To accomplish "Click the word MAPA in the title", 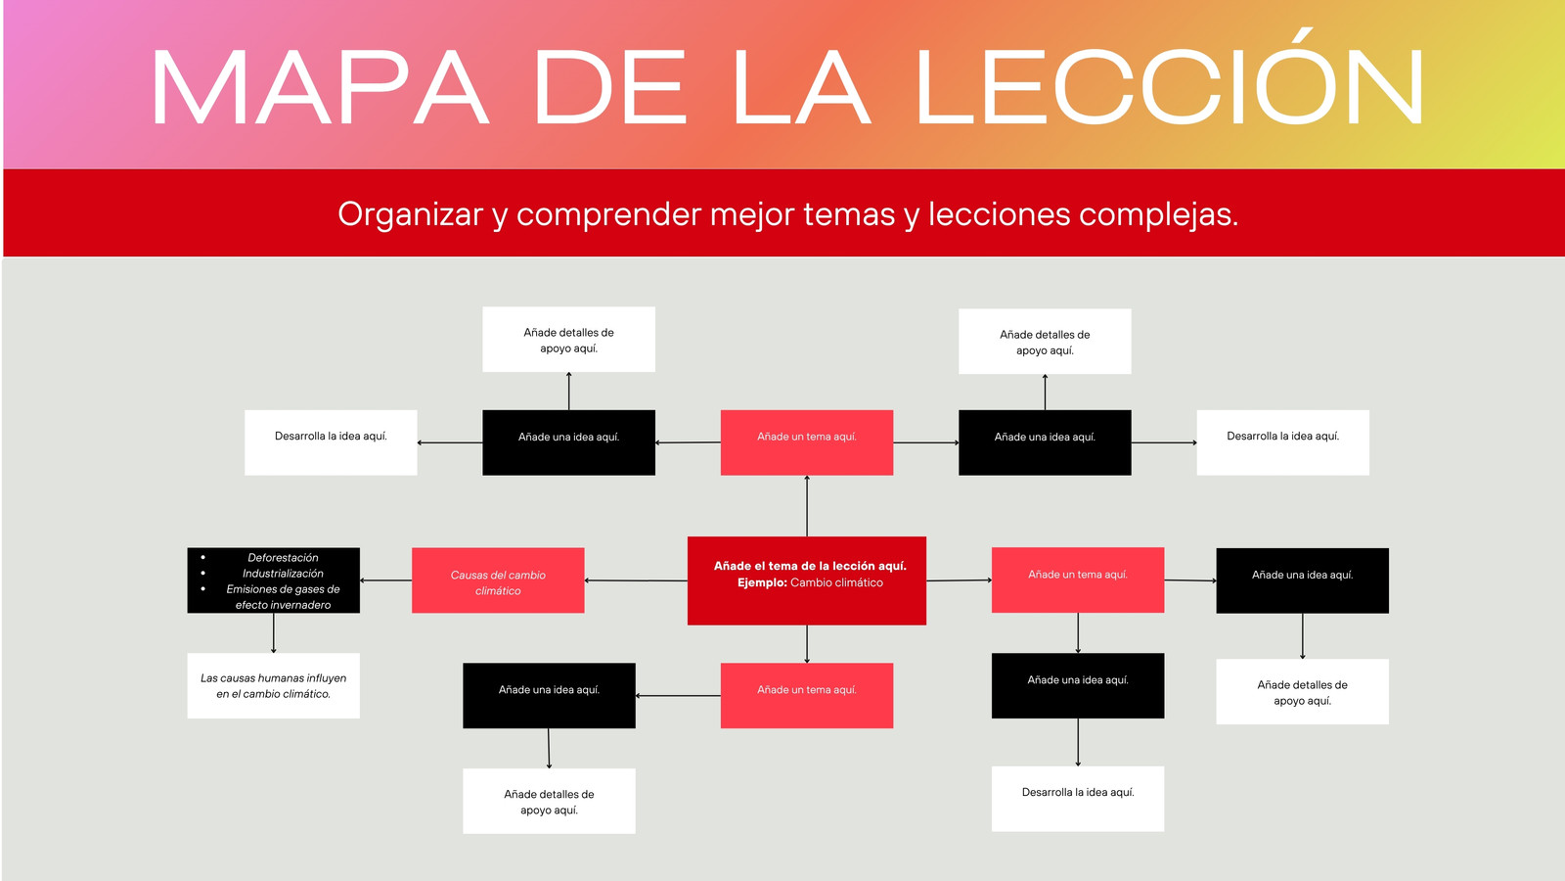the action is point(319,87).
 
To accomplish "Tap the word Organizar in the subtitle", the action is point(410,214).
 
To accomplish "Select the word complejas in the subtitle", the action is point(1158,214).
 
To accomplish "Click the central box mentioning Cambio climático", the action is point(807,580).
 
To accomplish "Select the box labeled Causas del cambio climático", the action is point(498,580).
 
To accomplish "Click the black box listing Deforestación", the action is point(273,580).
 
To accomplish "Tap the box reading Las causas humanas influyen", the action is point(273,686).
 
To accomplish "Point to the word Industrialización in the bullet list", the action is point(283,574).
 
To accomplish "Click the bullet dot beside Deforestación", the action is point(203,557).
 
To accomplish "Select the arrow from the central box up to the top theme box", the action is point(807,506).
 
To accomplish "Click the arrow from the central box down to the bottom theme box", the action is point(807,644).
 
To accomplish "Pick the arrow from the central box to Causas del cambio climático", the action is point(636,580).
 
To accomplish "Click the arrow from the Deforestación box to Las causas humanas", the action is point(273,633).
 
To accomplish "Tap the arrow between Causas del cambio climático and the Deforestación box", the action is point(385,580).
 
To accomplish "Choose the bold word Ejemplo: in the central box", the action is point(762,582).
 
